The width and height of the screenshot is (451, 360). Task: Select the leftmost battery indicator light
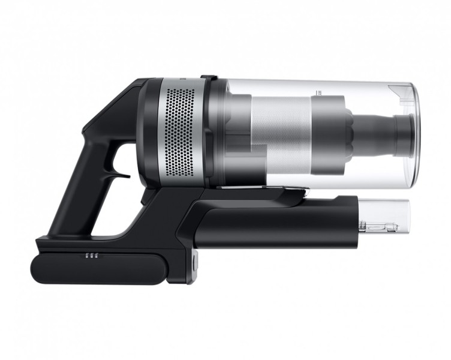(x=86, y=255)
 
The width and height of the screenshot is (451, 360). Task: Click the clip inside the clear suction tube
(x=380, y=227)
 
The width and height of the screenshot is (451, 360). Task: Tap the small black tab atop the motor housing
(x=208, y=78)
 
